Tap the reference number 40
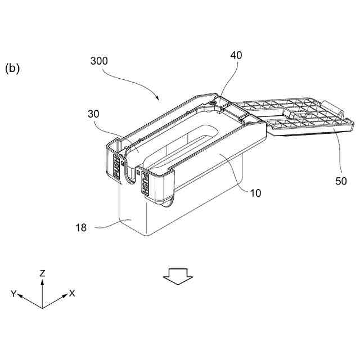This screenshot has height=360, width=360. tap(236, 55)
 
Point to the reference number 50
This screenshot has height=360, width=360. tap(341, 181)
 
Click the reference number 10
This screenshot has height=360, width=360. tap(255, 193)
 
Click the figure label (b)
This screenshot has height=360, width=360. tap(12, 68)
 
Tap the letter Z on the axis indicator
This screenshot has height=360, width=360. tap(42, 273)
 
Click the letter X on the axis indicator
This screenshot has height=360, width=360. tap(72, 293)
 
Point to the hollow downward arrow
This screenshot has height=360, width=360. tap(178, 276)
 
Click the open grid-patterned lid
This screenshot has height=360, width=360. tap(292, 115)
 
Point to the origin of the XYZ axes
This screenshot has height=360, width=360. tap(42, 308)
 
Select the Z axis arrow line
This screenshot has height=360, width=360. tap(42, 292)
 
